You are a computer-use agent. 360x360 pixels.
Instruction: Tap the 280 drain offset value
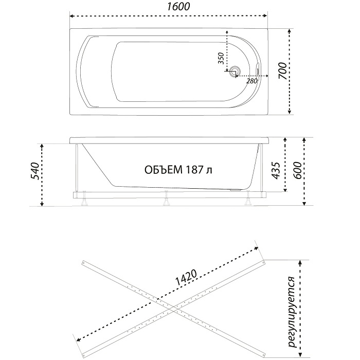(x=251, y=81)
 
